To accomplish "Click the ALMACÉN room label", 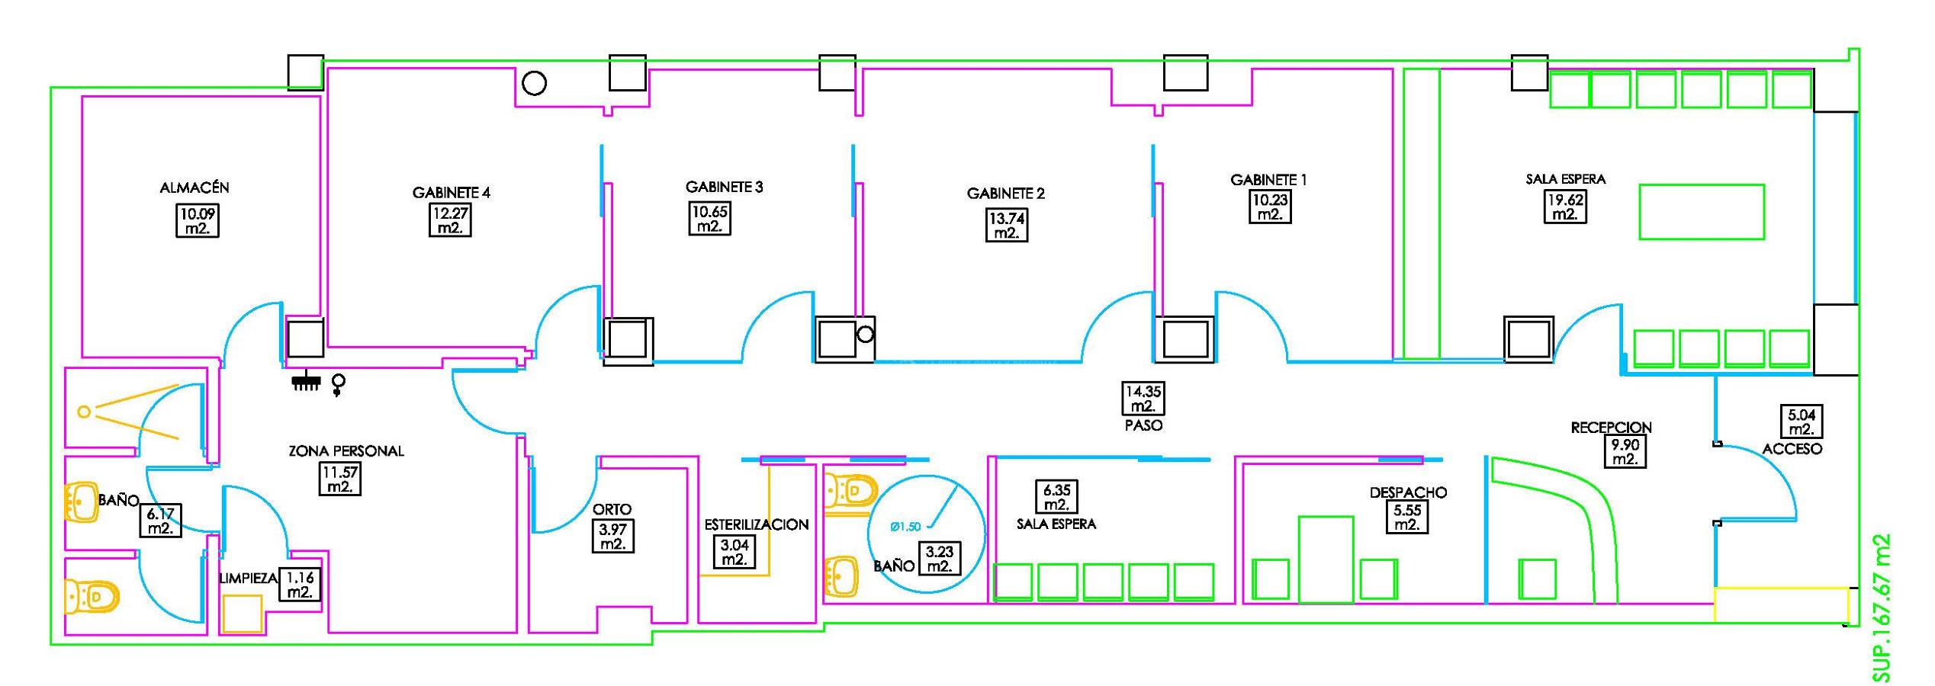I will coord(194,188).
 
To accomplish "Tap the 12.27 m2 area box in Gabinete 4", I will coord(450,220).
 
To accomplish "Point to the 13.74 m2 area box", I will coord(1007,226).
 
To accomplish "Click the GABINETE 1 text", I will coord(1268,181).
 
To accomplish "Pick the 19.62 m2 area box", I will coord(1565,207).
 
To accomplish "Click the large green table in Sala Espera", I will coord(1702,212).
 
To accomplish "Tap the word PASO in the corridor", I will coord(1143,425).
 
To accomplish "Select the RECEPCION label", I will coord(1611,428).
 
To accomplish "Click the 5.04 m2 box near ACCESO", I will coord(1801,422).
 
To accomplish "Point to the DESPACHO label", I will coord(1408,492).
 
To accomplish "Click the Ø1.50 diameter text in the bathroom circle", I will coord(905,526).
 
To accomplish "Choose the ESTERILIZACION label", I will coord(756,524).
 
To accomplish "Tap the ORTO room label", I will coord(612,509).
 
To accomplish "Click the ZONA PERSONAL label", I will coord(346,451).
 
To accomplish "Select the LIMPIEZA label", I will coord(248,579).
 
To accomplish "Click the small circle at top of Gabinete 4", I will coord(534,82).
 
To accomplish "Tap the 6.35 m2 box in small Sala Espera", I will coord(1056,497).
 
